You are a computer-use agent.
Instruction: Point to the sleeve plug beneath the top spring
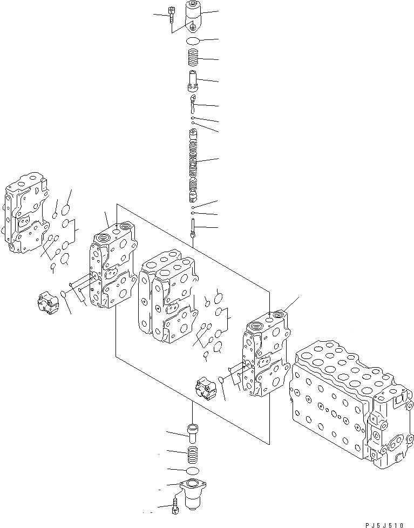[194, 81]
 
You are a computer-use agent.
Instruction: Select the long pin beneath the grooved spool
[193, 227]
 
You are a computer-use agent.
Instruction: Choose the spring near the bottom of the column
[193, 452]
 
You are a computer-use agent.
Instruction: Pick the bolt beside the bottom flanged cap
[175, 506]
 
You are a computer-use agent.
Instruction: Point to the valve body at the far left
[25, 213]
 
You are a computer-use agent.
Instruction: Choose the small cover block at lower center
[206, 389]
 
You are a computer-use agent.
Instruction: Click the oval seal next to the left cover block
[63, 294]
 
